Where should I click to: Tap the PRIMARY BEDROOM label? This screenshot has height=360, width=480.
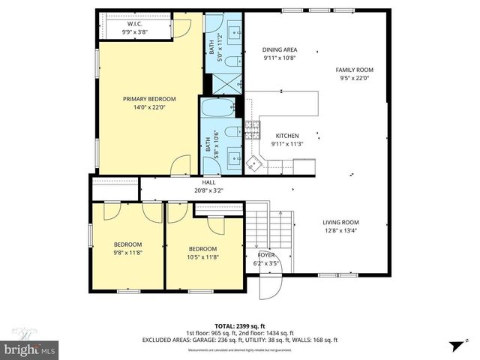click(149, 99)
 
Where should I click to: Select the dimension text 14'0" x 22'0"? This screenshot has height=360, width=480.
click(149, 107)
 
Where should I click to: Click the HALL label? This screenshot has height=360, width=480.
click(208, 182)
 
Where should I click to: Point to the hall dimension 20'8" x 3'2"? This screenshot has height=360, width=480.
click(208, 190)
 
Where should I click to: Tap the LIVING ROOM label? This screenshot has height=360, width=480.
click(340, 222)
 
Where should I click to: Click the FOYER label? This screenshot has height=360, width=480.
click(266, 255)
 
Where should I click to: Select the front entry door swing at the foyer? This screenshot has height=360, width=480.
click(268, 288)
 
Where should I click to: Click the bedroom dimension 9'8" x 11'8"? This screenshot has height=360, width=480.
click(127, 253)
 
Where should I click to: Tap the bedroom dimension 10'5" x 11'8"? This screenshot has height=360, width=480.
click(202, 257)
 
